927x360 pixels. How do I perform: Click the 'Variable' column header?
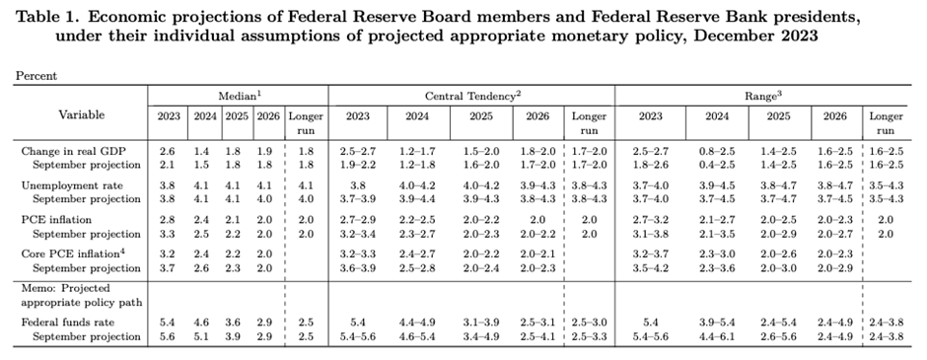point(81,115)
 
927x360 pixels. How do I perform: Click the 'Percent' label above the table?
point(36,75)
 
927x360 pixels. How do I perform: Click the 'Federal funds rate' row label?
point(67,323)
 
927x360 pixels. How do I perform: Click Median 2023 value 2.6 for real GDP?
point(169,151)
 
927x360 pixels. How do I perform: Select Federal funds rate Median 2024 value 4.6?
point(203,323)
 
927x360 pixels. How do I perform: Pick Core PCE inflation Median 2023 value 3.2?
point(169,253)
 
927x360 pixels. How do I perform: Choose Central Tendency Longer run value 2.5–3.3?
point(590,336)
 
